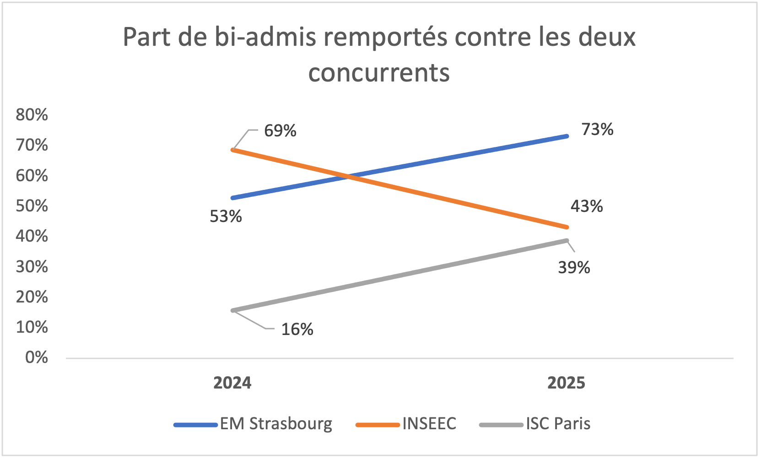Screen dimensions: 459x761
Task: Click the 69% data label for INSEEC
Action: click(x=280, y=131)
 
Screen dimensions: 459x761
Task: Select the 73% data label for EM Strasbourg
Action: click(x=597, y=130)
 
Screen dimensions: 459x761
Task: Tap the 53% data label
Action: click(x=226, y=216)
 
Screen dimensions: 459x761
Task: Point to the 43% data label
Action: click(x=586, y=206)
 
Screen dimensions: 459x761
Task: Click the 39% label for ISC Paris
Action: click(x=574, y=267)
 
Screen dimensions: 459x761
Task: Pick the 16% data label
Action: click(x=297, y=329)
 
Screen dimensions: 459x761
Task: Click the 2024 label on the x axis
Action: click(x=232, y=383)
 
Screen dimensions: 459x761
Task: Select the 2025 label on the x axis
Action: click(x=566, y=383)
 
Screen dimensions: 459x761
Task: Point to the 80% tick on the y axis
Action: click(x=32, y=114)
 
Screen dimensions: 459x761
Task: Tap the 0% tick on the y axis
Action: click(x=36, y=357)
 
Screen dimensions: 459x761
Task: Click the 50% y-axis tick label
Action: click(x=32, y=205)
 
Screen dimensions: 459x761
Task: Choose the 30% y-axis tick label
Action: click(x=32, y=266)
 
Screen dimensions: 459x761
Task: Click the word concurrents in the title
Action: click(x=379, y=72)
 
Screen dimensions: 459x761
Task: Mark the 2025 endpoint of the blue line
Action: click(x=567, y=136)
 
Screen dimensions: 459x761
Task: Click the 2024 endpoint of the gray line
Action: click(x=233, y=310)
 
